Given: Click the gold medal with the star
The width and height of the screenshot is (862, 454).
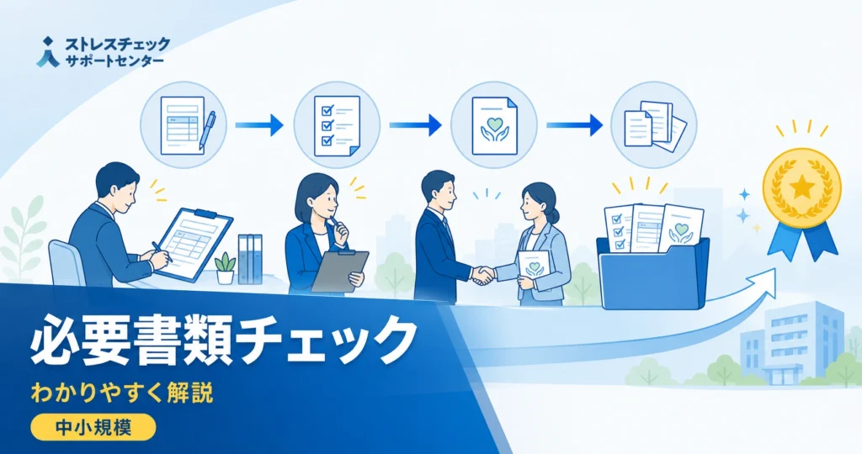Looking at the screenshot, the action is tap(802, 187).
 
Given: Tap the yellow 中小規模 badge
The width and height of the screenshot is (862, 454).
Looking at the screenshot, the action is tap(93, 427).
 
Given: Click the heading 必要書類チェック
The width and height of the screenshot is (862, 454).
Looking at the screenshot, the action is tap(222, 340).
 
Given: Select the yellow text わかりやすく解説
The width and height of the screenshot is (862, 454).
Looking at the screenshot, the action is tap(122, 393).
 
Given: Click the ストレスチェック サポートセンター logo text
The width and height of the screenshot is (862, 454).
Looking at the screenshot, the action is tap(117, 52).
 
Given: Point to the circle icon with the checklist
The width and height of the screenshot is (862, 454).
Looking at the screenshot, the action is tap(337, 125).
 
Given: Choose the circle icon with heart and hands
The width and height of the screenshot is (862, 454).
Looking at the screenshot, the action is tap(493, 125).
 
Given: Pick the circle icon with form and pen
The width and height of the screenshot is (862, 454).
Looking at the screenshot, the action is tap(183, 125).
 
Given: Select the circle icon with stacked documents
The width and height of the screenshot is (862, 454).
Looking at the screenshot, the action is tap(654, 125).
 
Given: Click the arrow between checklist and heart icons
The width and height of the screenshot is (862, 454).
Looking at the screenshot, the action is tap(415, 125).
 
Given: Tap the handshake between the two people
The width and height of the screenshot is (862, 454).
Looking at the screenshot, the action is tap(483, 274).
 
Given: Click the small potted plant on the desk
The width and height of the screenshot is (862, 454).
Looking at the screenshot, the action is tap(225, 268).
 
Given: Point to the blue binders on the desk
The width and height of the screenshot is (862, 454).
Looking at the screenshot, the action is tap(250, 259).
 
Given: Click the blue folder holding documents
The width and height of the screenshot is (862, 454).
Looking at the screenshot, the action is tap(653, 273).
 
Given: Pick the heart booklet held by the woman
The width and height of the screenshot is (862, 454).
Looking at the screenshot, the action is tap(533, 268).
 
